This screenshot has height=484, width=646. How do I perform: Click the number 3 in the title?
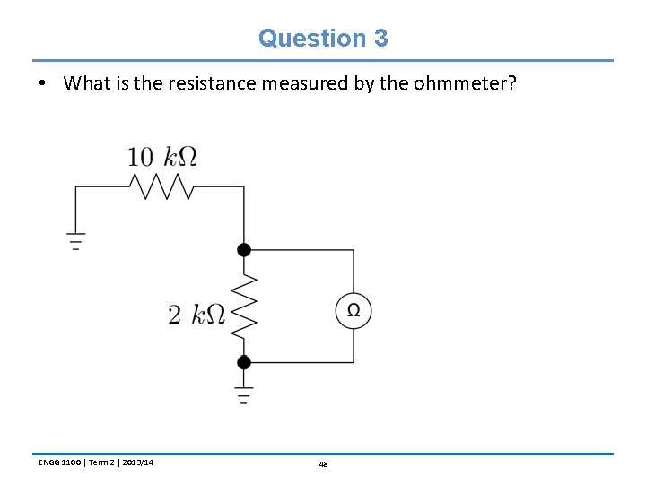pos(380,39)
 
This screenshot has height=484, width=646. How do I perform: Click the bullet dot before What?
pos(42,84)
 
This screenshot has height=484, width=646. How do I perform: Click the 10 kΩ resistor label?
pos(161,157)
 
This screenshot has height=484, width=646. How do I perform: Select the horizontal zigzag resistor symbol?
pos(161,186)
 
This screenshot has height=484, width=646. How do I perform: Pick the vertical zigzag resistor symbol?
pos(243,306)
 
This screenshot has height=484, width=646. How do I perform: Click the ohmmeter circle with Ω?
pos(354,311)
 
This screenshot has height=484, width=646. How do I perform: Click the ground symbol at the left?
pos(75,241)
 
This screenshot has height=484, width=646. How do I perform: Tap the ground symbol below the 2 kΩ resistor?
pos(243,395)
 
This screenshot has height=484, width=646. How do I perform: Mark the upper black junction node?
pos(243,249)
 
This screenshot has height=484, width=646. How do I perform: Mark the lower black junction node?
pos(243,362)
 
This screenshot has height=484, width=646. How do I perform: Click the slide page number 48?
pos(323,463)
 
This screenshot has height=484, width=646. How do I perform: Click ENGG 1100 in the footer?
pos(58,462)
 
